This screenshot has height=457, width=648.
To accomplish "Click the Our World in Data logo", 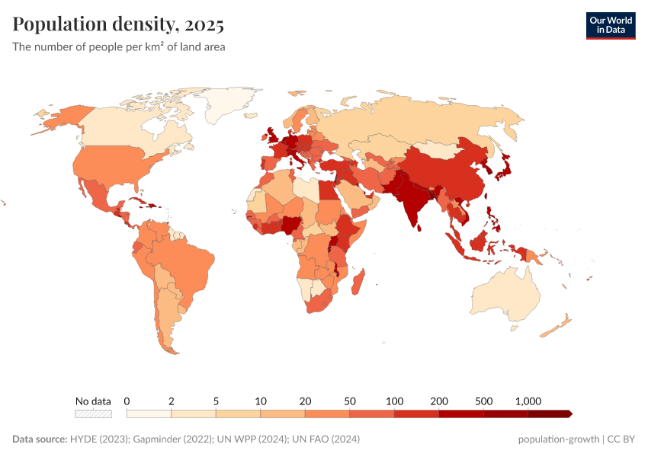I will point(610,25).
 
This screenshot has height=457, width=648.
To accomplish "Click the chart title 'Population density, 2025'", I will point(118,25).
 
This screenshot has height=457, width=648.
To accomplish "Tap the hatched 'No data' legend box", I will point(93,414).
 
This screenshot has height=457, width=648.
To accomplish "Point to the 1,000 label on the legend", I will point(528,401).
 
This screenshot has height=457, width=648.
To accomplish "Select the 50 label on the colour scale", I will point(350,401).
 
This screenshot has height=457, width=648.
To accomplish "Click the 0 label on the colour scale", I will point(127,401).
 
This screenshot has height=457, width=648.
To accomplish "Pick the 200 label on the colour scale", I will point(439,401).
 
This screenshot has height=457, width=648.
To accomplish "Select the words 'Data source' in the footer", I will point(40,439).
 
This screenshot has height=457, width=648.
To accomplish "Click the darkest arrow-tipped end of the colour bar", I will point(568,414).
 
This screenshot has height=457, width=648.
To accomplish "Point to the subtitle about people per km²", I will point(118,46).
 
